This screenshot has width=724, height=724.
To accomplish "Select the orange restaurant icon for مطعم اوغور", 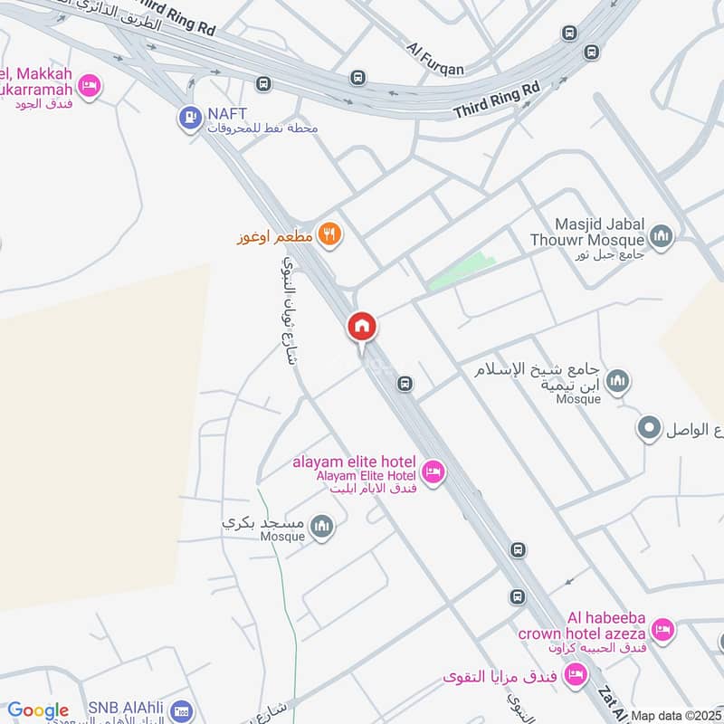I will coord(330,233).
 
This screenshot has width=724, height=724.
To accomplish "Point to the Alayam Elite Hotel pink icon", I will coord(433,472).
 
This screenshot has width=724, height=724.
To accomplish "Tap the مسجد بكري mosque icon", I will coord(321,526).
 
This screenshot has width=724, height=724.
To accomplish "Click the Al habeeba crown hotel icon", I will coord(662,628).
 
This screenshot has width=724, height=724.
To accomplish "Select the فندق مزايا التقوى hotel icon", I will coord(575,674).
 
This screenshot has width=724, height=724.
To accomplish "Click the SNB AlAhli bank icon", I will coord(181,710).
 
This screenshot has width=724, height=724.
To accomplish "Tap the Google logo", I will coord(38,710).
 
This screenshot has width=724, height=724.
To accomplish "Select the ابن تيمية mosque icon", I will coord(618,381).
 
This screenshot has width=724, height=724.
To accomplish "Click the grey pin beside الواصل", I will coord(649,427).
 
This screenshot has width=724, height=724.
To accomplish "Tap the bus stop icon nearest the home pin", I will coord(406,385).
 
